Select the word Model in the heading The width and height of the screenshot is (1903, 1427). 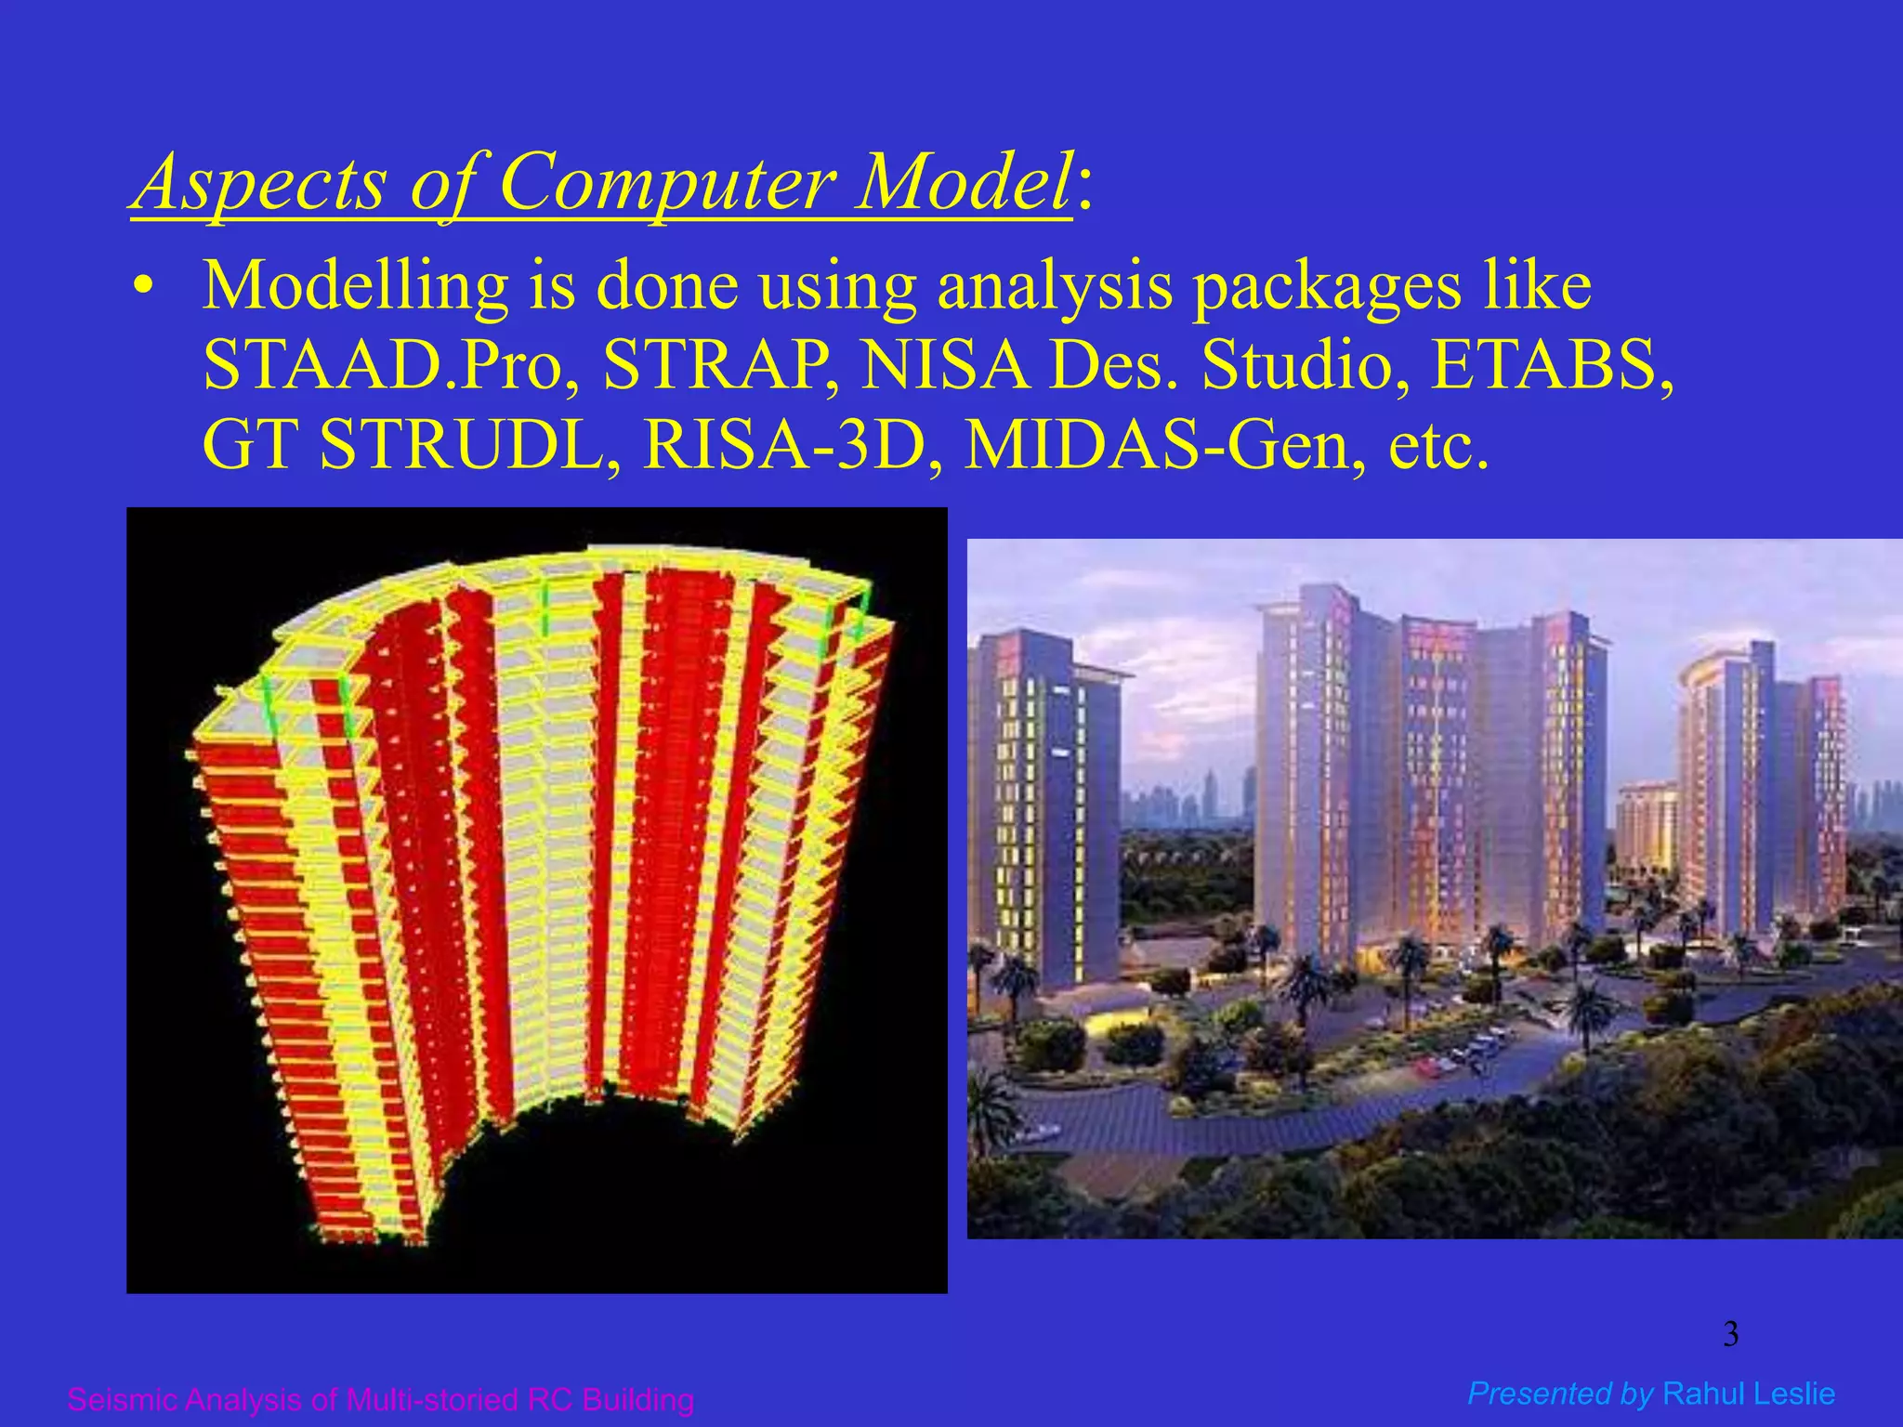tap(964, 181)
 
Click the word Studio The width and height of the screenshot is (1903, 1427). tap(1298, 365)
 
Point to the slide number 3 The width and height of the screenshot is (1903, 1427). tap(1730, 1335)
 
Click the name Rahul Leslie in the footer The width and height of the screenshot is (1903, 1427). tap(1749, 1394)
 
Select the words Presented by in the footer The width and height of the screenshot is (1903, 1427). tap(1559, 1394)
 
